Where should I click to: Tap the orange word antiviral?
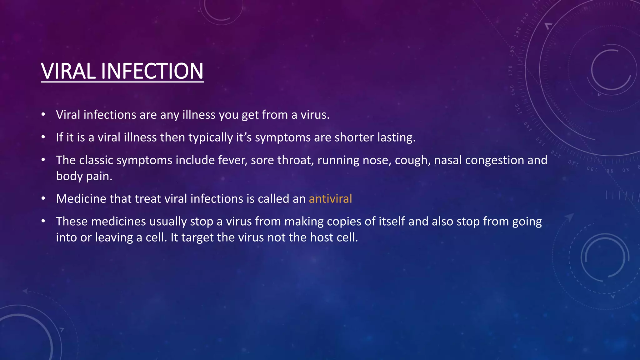point(330,199)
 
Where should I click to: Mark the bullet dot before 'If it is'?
point(43,137)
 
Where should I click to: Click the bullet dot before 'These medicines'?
point(43,221)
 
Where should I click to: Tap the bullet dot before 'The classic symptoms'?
point(43,160)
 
